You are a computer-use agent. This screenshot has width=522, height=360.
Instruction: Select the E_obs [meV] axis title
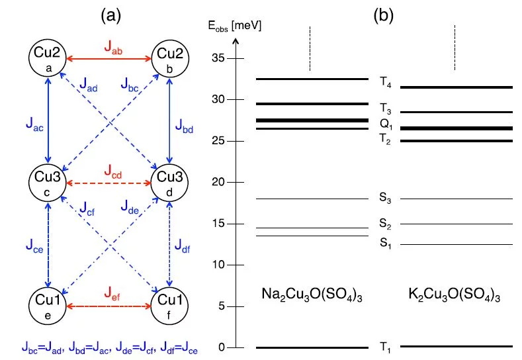coord(234,27)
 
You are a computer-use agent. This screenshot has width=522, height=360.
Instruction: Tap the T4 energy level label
coord(386,82)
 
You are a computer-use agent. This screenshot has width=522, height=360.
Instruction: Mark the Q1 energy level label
coord(386,124)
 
